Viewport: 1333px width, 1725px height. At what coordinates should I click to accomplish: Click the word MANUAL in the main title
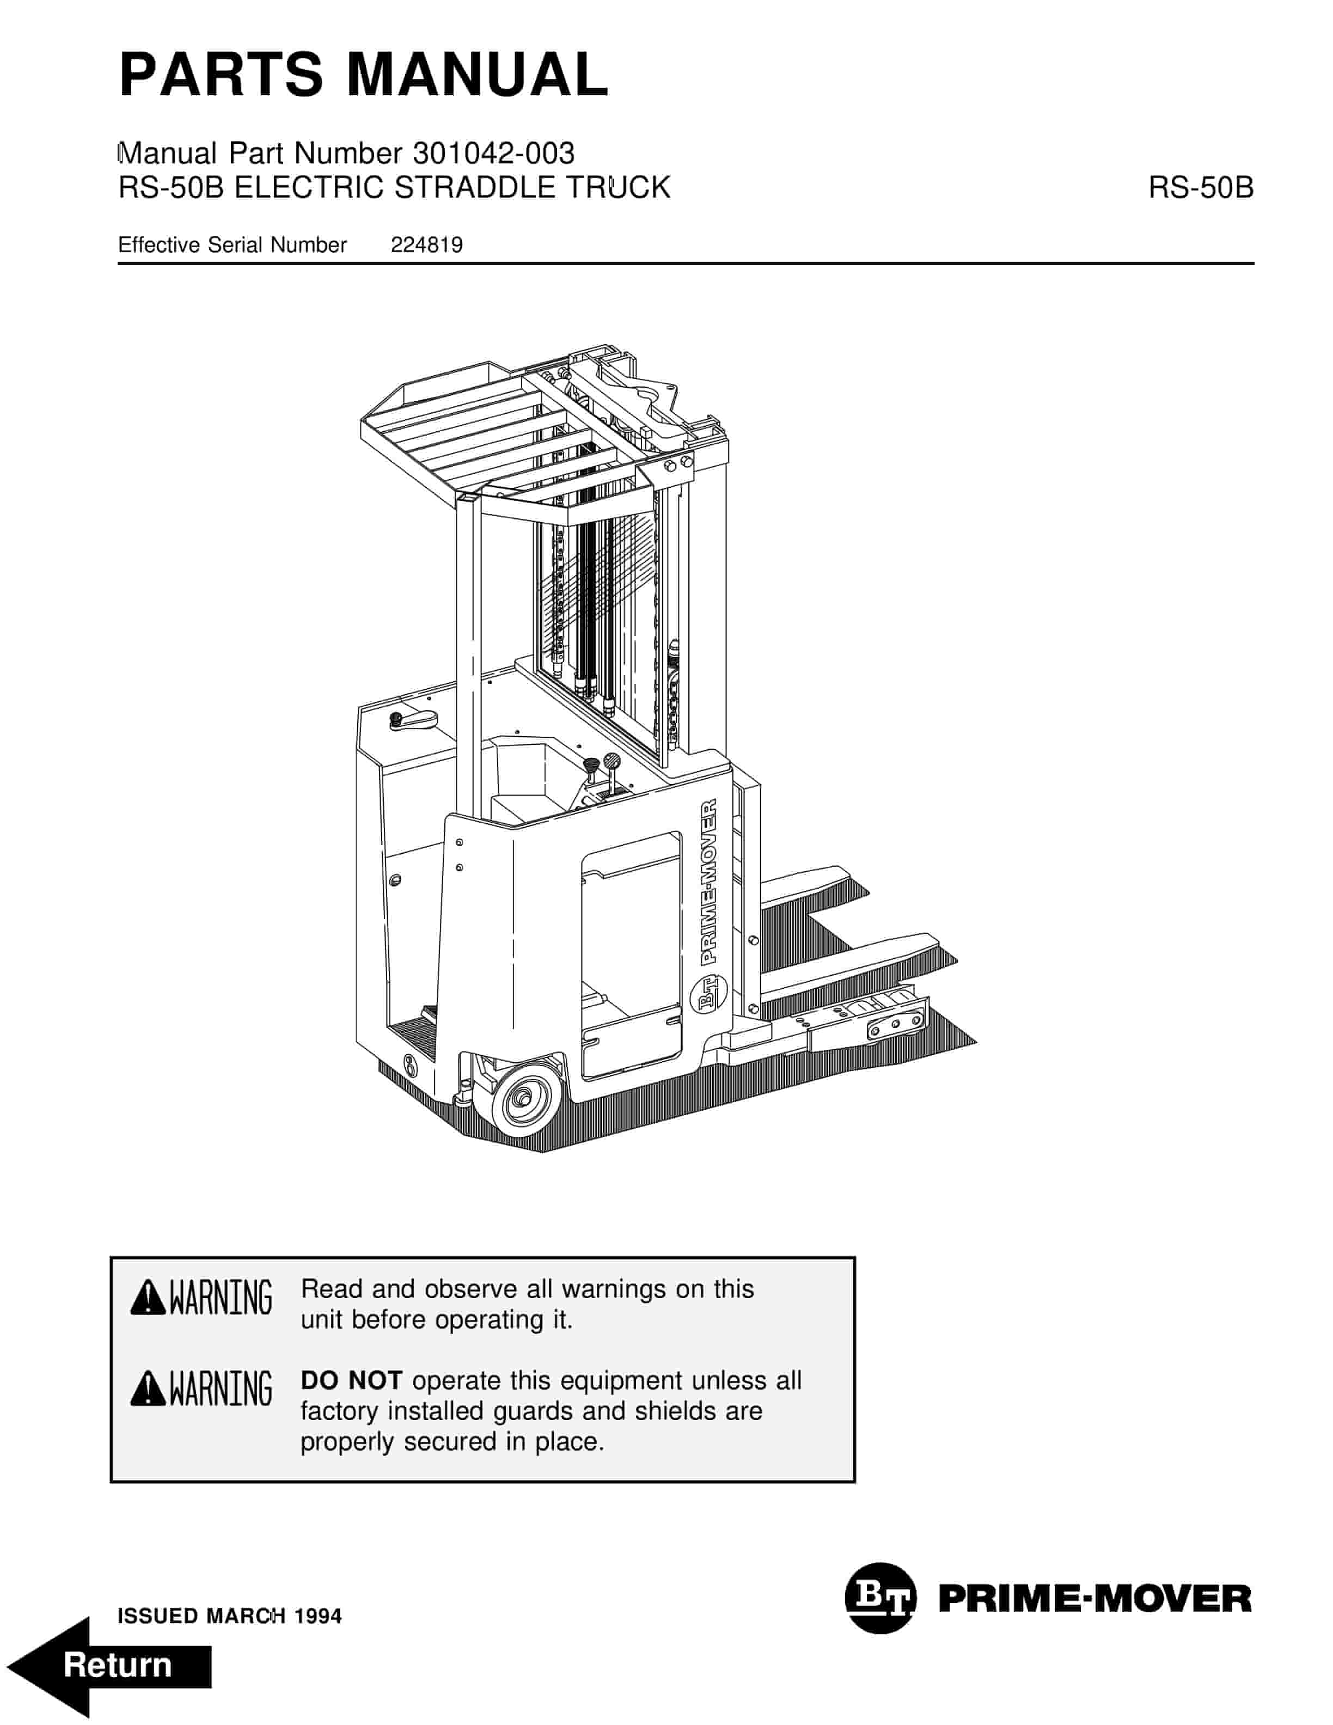(477, 75)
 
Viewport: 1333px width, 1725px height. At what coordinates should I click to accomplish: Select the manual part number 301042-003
(493, 153)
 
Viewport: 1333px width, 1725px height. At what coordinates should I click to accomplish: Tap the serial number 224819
(426, 246)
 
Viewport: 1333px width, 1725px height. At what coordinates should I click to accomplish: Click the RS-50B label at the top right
(1200, 188)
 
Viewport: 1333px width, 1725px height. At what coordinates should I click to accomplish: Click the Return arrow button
(111, 1665)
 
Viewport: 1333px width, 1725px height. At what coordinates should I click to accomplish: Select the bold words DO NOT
(351, 1381)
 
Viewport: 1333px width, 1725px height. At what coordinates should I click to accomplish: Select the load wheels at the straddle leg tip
(895, 1024)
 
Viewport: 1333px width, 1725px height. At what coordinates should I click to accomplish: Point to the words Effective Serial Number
(232, 246)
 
